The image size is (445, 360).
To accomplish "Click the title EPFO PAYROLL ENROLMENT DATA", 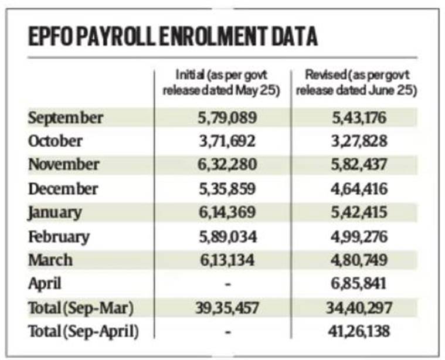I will pos(173,36).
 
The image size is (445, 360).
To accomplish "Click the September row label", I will pos(66,117).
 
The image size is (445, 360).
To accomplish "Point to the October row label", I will pos(56,141).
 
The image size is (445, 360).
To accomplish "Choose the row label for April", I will pos(46,284).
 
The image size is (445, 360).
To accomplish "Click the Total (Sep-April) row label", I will pos(84,332).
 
